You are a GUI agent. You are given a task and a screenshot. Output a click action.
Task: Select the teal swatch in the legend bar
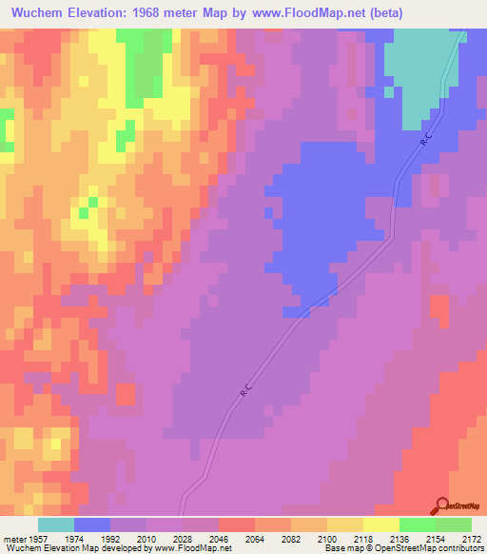tap(56, 524)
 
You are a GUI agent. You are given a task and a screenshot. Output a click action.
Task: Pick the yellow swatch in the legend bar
tap(380, 524)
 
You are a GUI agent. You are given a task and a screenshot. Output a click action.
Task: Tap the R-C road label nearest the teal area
tap(427, 139)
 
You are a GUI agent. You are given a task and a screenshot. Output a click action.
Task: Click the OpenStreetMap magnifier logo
tap(439, 505)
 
